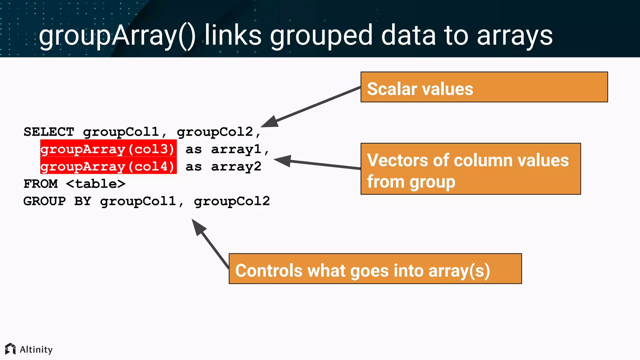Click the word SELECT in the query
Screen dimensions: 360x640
click(x=49, y=132)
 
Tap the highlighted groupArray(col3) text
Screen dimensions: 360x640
click(x=108, y=149)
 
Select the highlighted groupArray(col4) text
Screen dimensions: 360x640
click(x=108, y=166)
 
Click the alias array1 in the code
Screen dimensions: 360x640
click(x=236, y=149)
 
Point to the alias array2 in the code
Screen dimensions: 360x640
click(x=236, y=166)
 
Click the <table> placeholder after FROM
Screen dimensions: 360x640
click(x=96, y=184)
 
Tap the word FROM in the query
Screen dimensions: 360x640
click(x=41, y=184)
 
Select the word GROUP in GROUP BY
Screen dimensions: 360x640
click(x=45, y=201)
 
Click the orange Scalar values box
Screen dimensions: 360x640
click(x=484, y=87)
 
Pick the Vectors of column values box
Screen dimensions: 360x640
click(x=470, y=169)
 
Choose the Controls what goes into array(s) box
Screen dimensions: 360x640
click(x=375, y=269)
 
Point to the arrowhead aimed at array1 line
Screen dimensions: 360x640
click(x=283, y=161)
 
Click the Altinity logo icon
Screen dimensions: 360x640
click(x=10, y=349)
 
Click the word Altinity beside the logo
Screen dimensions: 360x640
click(x=36, y=349)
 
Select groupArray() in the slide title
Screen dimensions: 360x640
click(x=117, y=36)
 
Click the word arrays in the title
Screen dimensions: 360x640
click(x=515, y=36)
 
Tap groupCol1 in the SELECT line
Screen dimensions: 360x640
click(x=121, y=132)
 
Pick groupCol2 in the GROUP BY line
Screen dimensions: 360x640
click(x=232, y=201)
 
